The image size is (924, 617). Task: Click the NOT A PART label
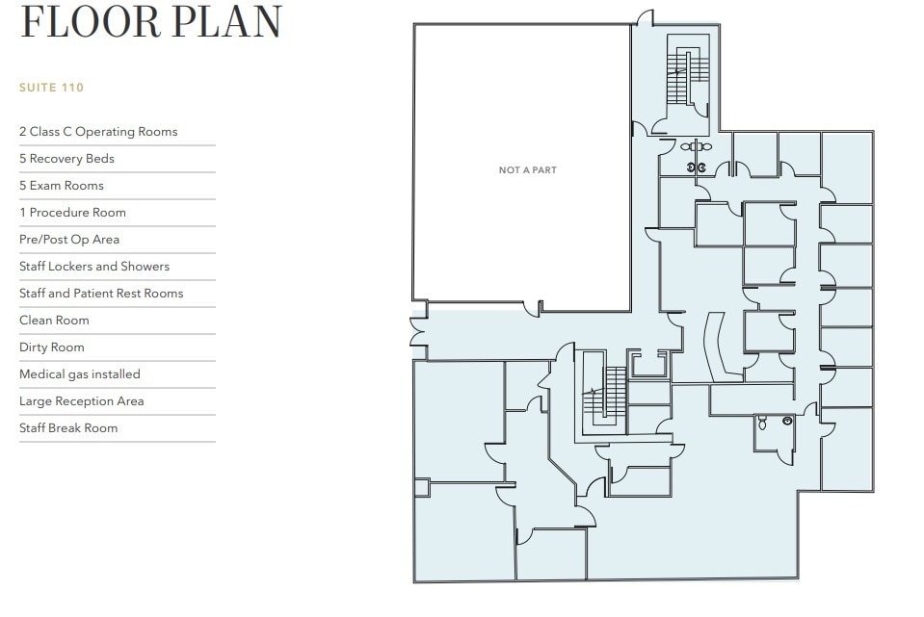(527, 170)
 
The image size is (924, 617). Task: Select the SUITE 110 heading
(51, 88)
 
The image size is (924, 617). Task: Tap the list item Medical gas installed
(79, 374)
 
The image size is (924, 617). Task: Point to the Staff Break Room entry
(68, 428)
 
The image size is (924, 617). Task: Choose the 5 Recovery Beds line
(66, 159)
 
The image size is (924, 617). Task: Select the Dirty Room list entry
(52, 347)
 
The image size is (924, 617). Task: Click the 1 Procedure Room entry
(72, 213)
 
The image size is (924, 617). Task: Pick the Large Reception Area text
(81, 401)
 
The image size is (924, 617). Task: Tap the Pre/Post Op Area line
(69, 240)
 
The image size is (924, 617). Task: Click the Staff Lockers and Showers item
(94, 267)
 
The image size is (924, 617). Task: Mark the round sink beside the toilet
(787, 421)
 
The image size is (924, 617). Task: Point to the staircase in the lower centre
(606, 396)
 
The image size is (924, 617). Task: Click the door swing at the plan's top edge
(645, 19)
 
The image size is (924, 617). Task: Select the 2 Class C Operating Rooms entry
(98, 132)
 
